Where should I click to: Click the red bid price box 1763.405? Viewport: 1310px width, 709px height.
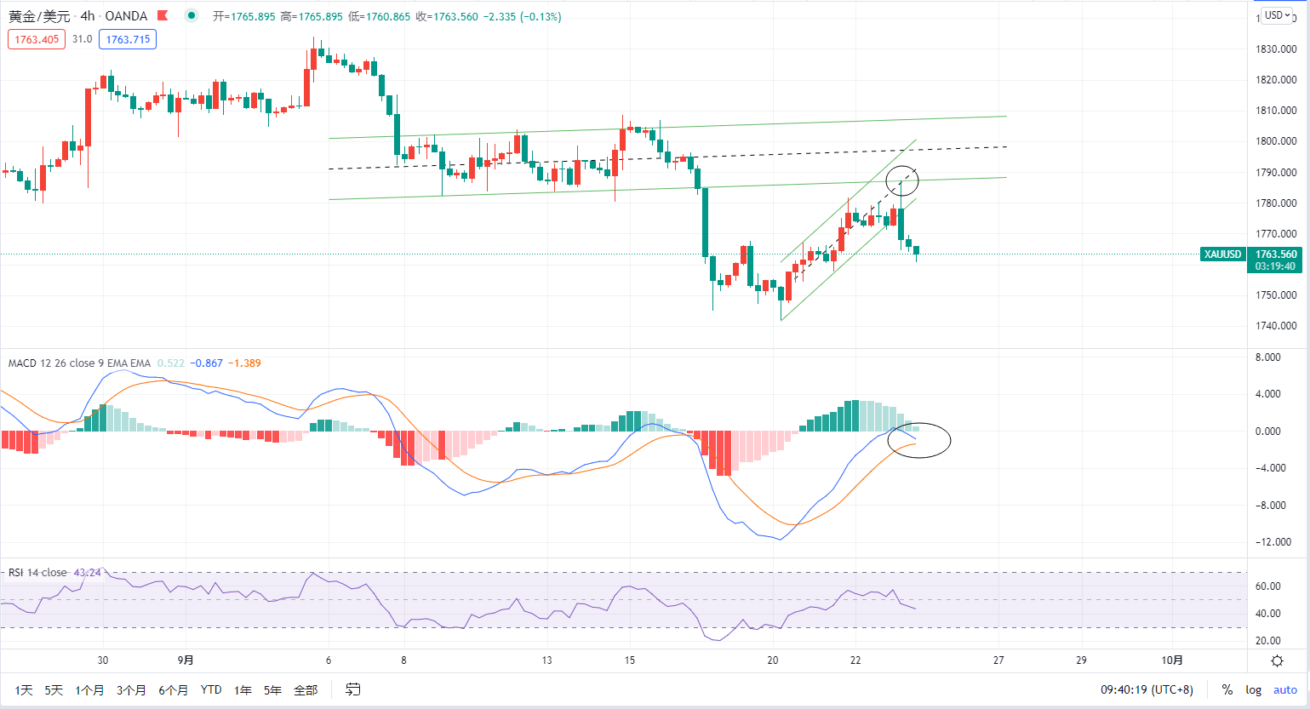37,39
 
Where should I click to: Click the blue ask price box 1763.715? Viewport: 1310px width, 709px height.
128,39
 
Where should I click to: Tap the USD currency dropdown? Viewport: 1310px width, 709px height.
1278,15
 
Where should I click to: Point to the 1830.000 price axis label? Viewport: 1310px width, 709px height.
1276,49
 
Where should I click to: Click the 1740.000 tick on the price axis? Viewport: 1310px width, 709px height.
1276,326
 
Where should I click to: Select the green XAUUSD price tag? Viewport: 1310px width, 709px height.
1223,254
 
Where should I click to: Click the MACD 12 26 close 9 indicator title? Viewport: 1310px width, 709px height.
79,363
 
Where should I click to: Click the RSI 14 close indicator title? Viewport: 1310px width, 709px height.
37,572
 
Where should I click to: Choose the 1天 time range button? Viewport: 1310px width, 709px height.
23,690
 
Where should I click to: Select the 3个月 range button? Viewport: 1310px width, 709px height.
131,690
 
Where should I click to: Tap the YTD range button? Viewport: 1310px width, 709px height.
211,690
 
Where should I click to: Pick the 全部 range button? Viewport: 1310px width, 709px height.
306,690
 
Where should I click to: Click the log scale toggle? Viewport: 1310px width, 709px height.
1253,690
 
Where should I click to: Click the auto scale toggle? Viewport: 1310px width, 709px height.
1284,690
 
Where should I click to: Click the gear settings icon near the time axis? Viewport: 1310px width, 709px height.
1278,661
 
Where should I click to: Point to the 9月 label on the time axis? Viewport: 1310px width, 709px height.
186,660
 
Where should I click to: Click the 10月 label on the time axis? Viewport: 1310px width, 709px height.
1171,660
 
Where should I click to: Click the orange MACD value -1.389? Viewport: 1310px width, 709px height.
244,363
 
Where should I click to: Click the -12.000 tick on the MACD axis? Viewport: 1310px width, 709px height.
1272,542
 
